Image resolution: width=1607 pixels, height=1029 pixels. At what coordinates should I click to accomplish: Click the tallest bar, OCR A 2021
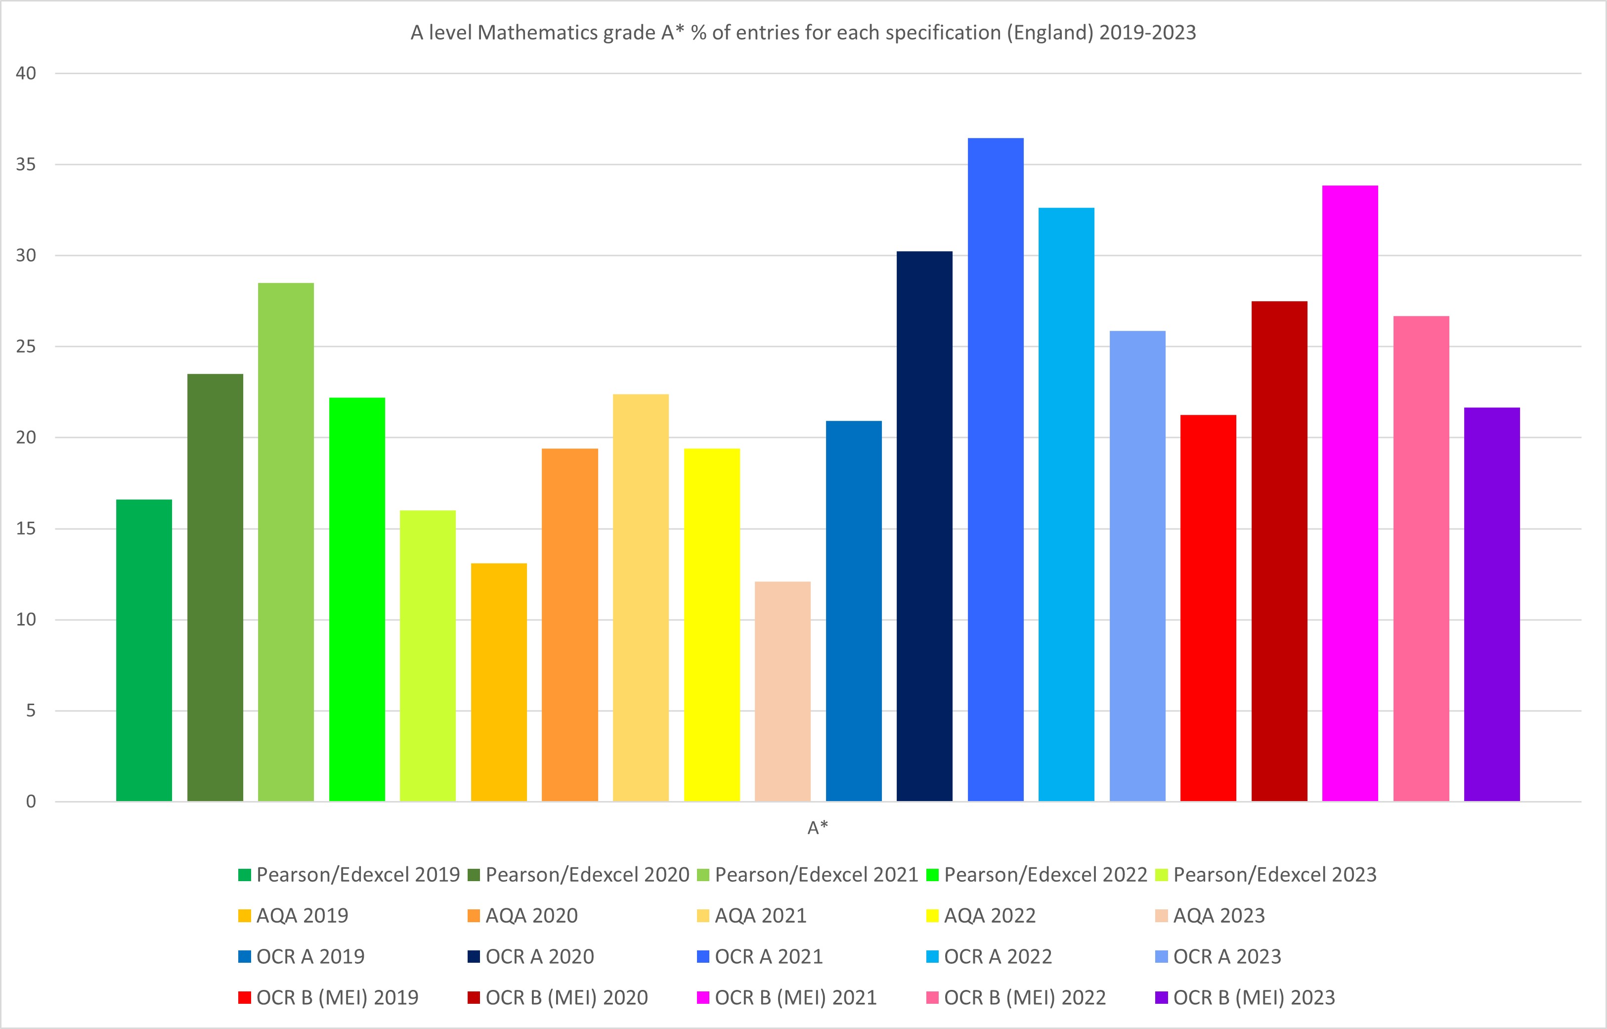point(995,468)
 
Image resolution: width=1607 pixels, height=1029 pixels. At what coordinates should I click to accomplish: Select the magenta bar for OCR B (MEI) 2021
point(1350,494)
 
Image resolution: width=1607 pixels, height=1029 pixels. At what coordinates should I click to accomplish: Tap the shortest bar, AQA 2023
point(783,692)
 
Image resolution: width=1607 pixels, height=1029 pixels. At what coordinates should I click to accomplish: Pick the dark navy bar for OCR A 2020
point(924,528)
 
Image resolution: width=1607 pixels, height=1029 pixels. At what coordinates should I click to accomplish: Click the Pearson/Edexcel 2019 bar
point(144,652)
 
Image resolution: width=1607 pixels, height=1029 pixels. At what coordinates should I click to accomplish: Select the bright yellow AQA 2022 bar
point(712,625)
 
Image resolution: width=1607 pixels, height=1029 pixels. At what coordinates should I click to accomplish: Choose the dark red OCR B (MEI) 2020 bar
point(1279,551)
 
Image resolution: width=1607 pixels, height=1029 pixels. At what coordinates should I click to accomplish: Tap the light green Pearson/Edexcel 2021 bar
point(286,541)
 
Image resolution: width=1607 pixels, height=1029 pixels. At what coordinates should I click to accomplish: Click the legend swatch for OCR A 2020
point(474,957)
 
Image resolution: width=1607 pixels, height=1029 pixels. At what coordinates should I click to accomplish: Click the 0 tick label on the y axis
point(31,802)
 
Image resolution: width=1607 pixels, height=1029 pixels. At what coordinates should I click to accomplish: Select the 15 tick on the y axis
point(26,529)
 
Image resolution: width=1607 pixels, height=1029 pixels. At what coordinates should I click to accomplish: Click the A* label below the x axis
point(818,828)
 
